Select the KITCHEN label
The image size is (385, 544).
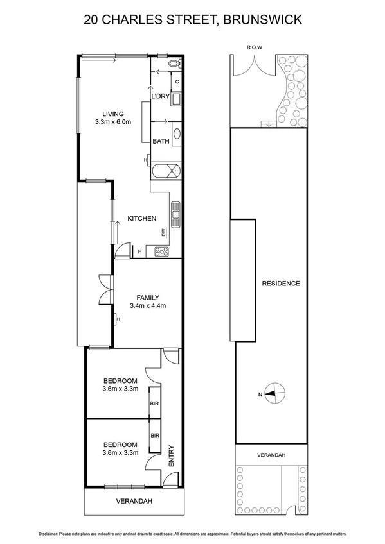(x=141, y=219)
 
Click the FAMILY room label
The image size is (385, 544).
(x=147, y=297)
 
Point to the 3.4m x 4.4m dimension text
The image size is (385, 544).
(x=147, y=306)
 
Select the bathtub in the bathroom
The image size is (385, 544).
(x=166, y=171)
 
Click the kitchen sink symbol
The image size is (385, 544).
(x=174, y=210)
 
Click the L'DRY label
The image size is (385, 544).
(x=160, y=97)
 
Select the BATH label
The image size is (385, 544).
(x=161, y=142)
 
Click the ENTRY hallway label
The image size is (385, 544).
(x=172, y=456)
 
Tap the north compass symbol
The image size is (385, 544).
(x=275, y=394)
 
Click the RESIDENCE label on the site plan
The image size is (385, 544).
(x=280, y=283)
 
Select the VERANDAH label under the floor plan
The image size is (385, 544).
(x=133, y=502)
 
